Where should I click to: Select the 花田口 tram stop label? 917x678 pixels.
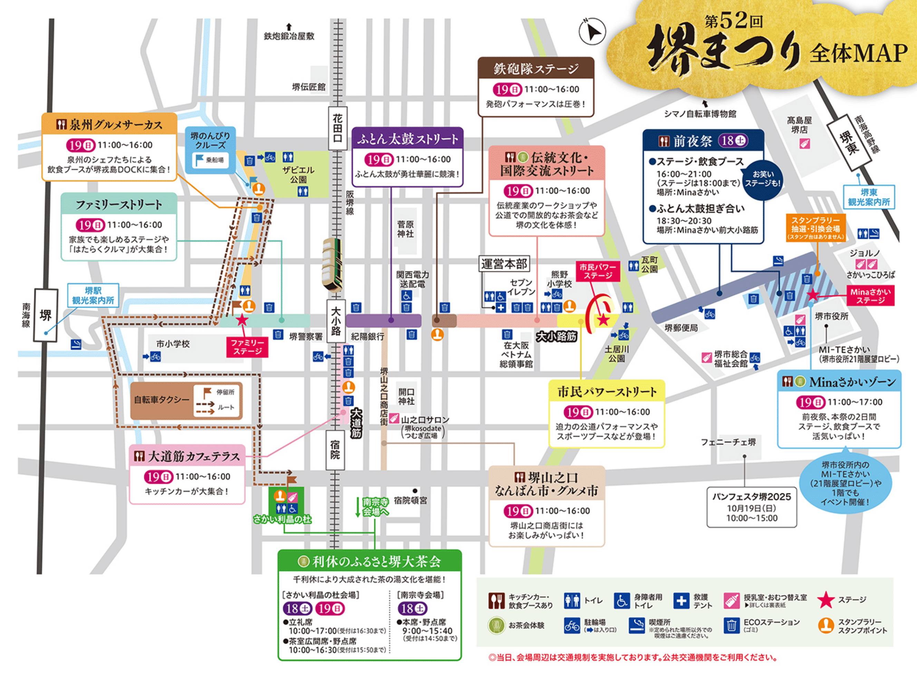point(337,128)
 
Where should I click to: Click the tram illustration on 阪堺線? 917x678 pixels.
point(332,264)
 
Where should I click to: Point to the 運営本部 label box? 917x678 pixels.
point(504,263)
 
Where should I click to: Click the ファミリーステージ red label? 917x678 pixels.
point(248,347)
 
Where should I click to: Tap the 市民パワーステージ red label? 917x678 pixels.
point(598,271)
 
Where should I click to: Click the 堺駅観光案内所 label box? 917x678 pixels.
point(93,295)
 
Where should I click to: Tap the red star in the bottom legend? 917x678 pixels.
point(826,600)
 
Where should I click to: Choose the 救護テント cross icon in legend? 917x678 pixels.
point(681,600)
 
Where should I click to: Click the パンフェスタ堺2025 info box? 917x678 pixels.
point(752,507)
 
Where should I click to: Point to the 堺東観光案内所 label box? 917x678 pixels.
point(869,197)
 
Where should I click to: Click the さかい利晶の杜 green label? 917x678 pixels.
point(282,519)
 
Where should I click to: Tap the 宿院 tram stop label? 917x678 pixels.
point(335,450)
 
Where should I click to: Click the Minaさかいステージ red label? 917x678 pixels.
point(870,296)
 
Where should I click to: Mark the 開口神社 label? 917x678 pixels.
point(406,396)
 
